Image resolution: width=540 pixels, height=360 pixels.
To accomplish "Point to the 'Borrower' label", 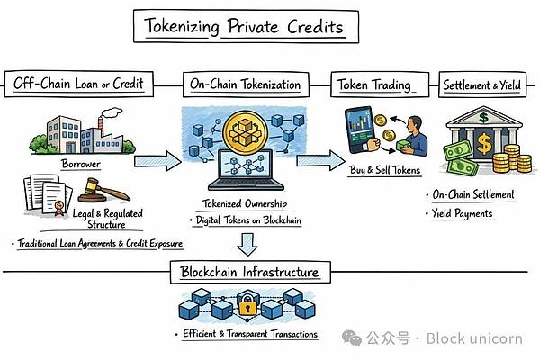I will click(x=82, y=166).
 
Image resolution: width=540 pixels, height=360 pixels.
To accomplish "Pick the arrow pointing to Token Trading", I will click(x=318, y=161).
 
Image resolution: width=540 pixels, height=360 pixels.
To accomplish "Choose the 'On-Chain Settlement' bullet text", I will click(x=472, y=194).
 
